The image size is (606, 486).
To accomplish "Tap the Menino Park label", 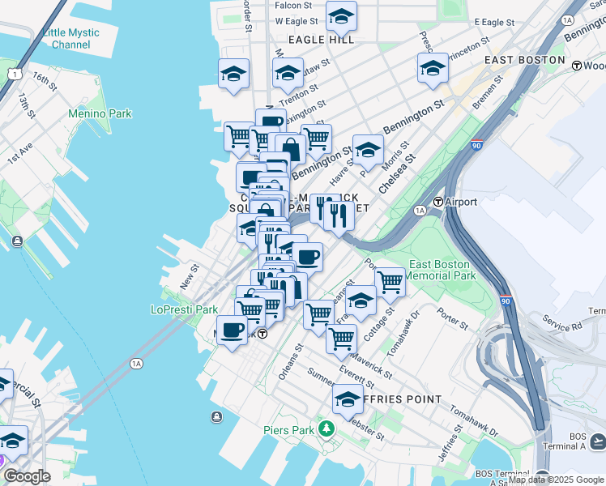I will (100, 114).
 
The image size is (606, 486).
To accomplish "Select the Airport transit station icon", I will (438, 202).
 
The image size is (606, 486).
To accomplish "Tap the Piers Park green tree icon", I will (325, 428).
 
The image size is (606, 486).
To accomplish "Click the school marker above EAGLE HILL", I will (341, 15).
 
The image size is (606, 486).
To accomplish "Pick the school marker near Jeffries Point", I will (348, 399).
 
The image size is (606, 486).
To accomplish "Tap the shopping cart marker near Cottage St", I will (390, 281).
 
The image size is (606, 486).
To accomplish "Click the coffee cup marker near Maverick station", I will (232, 330).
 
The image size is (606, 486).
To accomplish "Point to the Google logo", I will (27, 476).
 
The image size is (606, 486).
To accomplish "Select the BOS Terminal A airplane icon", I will (598, 440).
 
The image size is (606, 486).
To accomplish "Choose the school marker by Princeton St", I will (433, 68).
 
